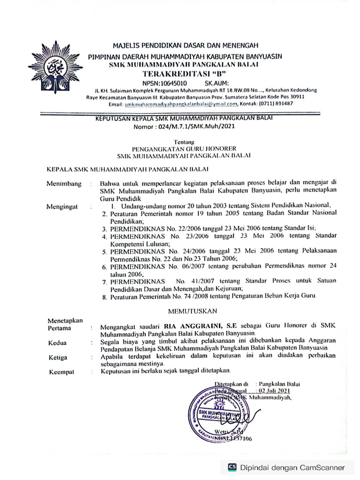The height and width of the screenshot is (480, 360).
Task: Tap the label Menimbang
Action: pyautogui.click(x=63, y=184)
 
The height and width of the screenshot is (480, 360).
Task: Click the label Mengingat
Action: pyautogui.click(x=62, y=206)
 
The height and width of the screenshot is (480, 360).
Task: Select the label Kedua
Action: pyautogui.click(x=57, y=343)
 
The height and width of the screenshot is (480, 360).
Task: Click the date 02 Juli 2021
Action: pyautogui.click(x=275, y=390)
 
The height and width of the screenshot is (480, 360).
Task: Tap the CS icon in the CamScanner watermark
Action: pyautogui.click(x=232, y=467)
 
